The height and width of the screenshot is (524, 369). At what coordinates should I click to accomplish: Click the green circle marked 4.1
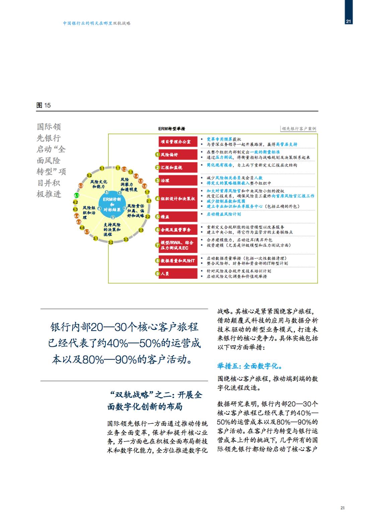click(x=76, y=196)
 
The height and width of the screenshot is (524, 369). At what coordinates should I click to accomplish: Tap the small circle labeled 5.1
click(x=102, y=169)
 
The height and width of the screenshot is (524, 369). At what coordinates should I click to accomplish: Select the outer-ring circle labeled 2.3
click(x=141, y=230)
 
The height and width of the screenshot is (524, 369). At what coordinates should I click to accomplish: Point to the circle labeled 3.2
click(x=111, y=242)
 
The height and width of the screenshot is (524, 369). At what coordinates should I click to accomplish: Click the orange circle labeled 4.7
click(x=87, y=232)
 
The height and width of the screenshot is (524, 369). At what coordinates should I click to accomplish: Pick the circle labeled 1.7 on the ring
click(x=147, y=192)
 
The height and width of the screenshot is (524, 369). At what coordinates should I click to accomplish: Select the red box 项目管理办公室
click(x=178, y=142)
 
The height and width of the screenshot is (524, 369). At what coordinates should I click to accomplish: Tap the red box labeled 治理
click(x=178, y=180)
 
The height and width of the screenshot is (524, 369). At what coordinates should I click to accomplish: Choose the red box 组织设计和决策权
click(x=178, y=199)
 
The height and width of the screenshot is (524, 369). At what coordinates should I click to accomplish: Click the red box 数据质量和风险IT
click(x=178, y=261)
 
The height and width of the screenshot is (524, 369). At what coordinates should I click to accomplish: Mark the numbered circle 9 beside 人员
click(x=157, y=274)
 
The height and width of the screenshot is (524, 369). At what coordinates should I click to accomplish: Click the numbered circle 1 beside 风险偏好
click(x=157, y=155)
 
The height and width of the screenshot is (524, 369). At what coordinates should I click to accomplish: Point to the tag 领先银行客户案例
click(x=299, y=129)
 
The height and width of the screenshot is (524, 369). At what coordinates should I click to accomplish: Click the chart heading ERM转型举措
click(x=171, y=129)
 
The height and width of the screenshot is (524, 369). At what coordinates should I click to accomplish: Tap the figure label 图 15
click(x=44, y=105)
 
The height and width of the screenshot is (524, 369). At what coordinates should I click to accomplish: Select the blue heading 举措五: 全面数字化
click(x=250, y=366)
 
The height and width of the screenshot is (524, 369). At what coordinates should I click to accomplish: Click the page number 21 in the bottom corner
click(x=342, y=508)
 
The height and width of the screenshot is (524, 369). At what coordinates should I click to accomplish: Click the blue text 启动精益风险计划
click(x=223, y=214)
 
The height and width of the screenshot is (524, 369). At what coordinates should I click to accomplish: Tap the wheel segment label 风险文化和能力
click(x=98, y=184)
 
